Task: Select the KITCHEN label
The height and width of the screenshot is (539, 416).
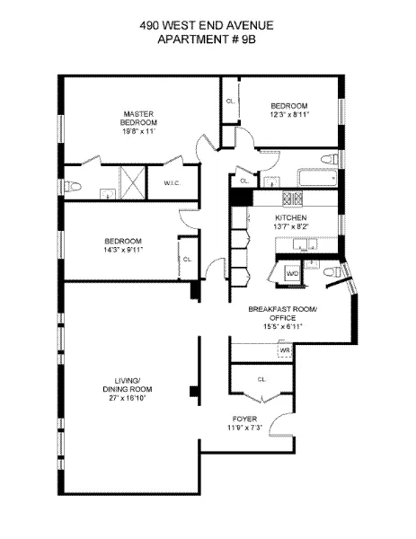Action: pos(291,218)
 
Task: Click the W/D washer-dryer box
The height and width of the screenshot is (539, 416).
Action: pos(293,272)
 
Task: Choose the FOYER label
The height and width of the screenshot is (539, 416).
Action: pos(244,419)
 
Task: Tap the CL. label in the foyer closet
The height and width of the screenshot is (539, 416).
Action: pos(262,380)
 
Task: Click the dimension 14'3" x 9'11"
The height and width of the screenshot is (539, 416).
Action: pos(123,250)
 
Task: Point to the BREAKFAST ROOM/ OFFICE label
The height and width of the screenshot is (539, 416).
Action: pos(283,314)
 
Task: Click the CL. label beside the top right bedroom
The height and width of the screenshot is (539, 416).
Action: pos(231,101)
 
